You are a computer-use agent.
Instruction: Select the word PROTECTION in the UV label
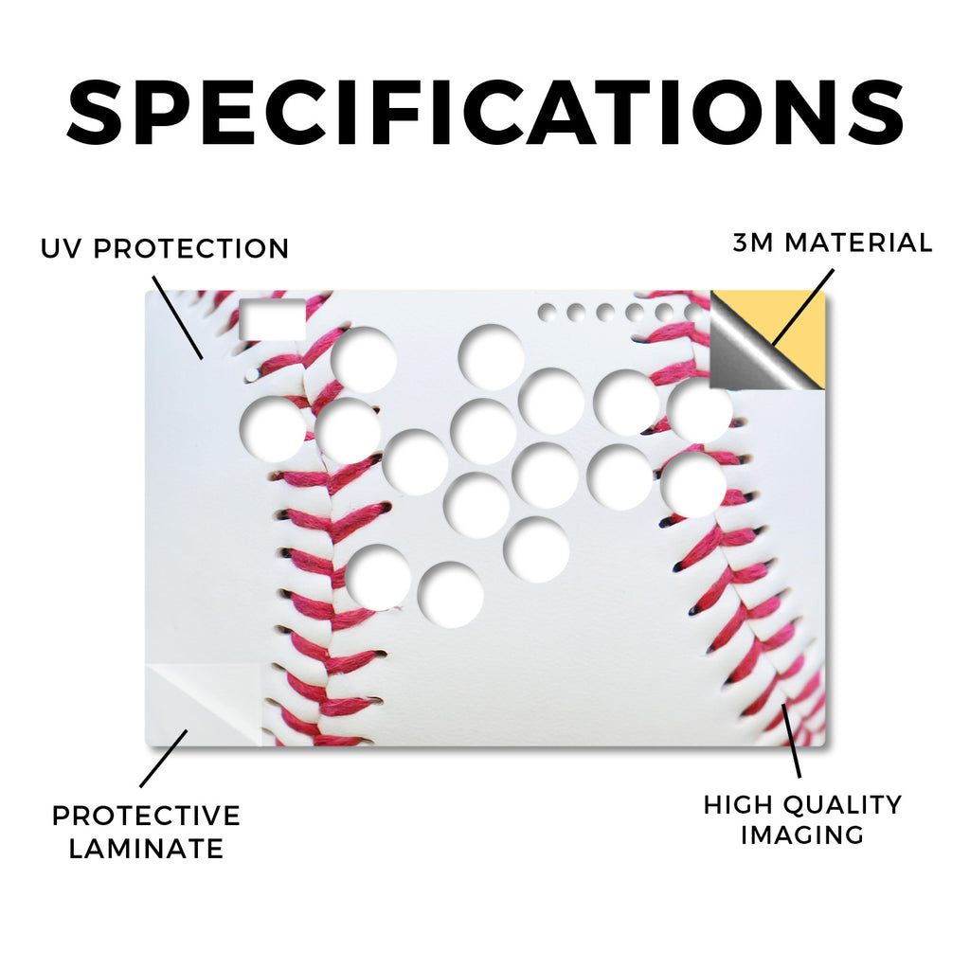coord(191,249)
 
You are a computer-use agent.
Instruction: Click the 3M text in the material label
coord(753,242)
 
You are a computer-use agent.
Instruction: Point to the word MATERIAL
coord(858,242)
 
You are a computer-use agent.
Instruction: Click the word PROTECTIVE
coord(146,816)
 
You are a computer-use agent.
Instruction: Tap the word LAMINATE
coord(146,848)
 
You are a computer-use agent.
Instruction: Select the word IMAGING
coord(802,835)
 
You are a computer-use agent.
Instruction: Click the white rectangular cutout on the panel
coord(272,319)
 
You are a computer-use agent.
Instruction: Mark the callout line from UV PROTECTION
coord(177,317)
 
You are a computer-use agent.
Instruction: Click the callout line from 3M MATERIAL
coord(803,306)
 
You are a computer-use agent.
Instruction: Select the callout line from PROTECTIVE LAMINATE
coord(164,759)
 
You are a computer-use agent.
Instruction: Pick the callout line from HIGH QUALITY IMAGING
coord(791,740)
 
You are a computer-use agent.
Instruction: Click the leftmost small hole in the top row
coord(547,313)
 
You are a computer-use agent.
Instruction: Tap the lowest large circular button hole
coord(450,595)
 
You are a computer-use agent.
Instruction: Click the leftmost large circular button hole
coord(273,428)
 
